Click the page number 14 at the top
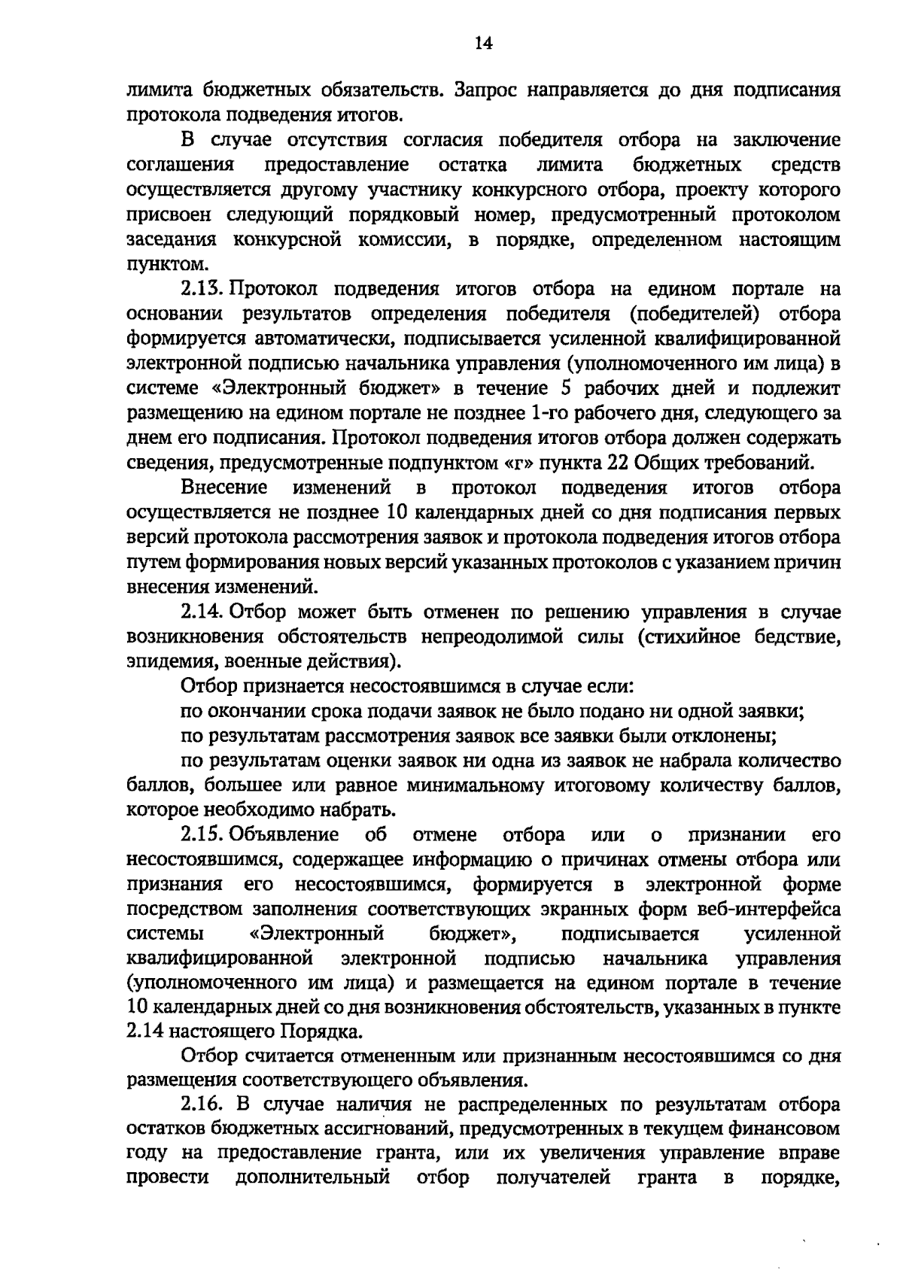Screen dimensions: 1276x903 [x=484, y=44]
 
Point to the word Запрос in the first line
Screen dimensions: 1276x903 [x=492, y=91]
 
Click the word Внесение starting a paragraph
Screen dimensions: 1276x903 [x=224, y=488]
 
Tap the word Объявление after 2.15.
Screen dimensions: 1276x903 [x=285, y=834]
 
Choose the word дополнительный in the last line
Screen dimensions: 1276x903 [x=312, y=1178]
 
